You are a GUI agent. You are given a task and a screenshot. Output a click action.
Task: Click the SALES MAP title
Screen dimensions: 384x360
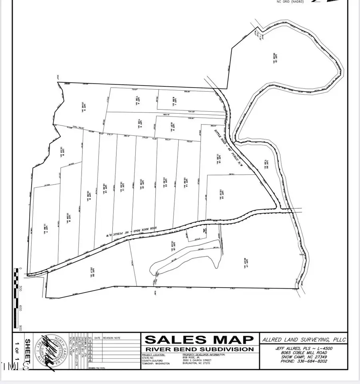[x=199, y=340]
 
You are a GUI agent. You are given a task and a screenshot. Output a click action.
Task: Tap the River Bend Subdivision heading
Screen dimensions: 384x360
[x=199, y=349]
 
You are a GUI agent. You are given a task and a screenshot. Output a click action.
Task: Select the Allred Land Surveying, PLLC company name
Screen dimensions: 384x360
[x=304, y=340]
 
